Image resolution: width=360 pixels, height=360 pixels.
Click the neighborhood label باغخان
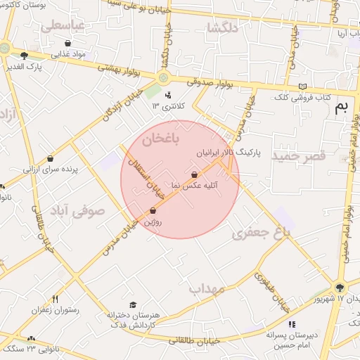161,140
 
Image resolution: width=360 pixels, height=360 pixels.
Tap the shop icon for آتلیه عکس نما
195,174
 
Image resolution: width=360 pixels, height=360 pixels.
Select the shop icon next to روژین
153,210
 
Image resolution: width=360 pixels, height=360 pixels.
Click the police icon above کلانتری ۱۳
167,95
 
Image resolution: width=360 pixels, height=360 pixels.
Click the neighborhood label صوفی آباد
77,210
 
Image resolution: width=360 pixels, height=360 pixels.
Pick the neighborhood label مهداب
206,288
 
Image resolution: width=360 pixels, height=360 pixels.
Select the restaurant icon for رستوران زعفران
55,298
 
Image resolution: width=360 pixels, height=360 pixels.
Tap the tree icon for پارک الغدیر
25,56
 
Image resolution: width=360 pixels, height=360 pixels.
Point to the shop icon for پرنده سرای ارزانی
50,159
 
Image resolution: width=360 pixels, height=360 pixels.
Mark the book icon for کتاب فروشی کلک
302,86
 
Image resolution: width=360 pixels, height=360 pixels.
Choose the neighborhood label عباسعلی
63,25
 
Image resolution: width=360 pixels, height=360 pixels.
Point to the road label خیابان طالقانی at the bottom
192,340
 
